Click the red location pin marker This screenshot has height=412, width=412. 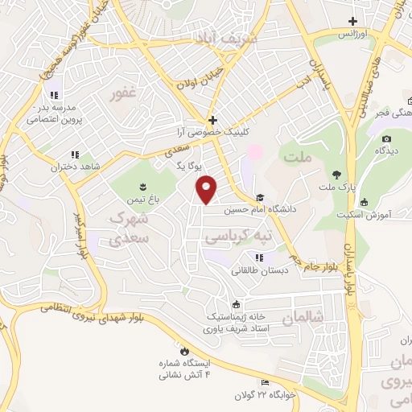click(206, 188)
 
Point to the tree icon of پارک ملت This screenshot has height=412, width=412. click(336, 175)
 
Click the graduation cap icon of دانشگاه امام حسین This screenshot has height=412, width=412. click(259, 196)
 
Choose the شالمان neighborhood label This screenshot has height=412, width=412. click(303, 319)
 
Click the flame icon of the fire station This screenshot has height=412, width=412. click(184, 352)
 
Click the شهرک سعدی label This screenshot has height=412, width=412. click(130, 227)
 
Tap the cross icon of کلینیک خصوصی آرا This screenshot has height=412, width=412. click(212, 119)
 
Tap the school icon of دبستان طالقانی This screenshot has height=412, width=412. click(259, 258)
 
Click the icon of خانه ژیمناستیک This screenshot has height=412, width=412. click(236, 304)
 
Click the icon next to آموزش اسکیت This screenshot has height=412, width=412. click(365, 202)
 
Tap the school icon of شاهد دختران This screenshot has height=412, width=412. click(75, 154)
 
